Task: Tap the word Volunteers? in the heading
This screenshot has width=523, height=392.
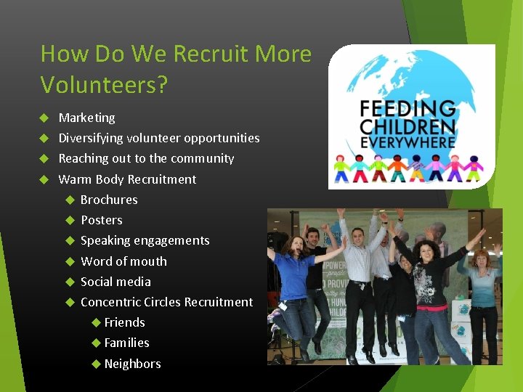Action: coord(104,85)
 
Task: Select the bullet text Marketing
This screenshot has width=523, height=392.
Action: coord(86,118)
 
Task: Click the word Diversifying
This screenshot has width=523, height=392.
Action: coord(91,138)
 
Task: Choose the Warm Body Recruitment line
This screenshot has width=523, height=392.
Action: coord(127,179)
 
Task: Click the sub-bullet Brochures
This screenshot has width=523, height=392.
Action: coord(109,200)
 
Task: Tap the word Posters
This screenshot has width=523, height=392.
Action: coord(101,220)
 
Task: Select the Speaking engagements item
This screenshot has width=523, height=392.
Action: coord(145,240)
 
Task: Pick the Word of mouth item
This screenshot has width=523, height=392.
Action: coord(123,261)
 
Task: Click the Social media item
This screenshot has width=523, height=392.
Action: coord(115,282)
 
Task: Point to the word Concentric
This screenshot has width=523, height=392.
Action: coord(111,302)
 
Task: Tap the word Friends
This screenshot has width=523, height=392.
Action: coord(124,322)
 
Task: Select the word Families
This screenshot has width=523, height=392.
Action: coord(126,343)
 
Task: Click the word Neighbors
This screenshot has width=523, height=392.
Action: coord(132,364)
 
